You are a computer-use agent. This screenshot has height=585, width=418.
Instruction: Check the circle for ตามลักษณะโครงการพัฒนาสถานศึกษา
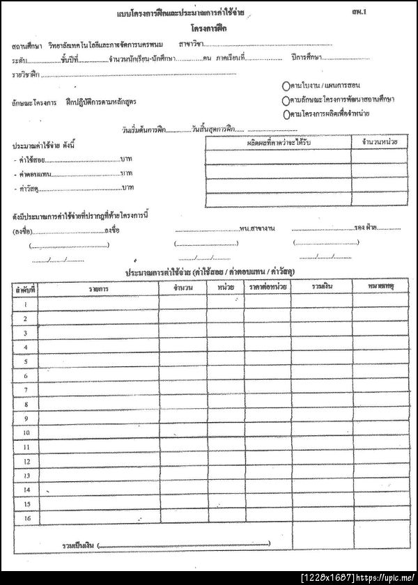(x=286, y=100)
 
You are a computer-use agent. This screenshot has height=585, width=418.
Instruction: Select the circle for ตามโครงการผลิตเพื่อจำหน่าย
(x=286, y=113)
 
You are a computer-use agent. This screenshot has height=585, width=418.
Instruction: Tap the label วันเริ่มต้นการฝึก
(x=144, y=129)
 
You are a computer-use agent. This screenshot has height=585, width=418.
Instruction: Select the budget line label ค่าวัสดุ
(x=29, y=189)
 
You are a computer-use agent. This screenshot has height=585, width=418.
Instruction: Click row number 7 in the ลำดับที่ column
(x=26, y=390)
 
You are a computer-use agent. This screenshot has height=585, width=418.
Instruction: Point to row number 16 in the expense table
(x=26, y=517)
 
